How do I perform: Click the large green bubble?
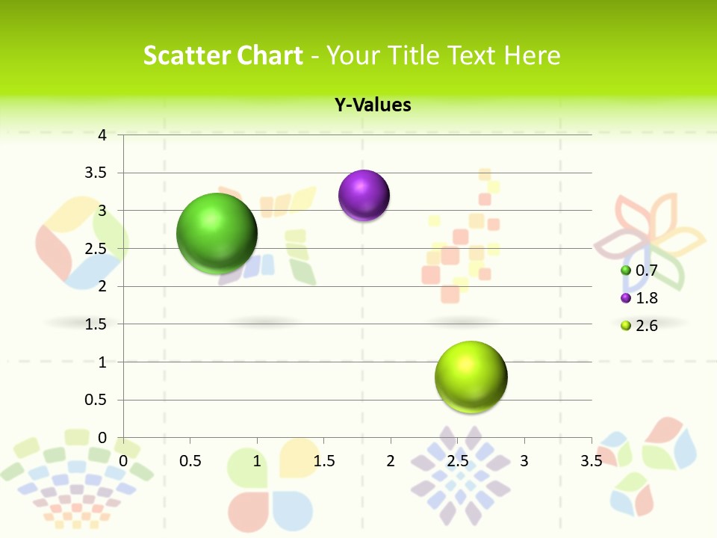click(x=217, y=233)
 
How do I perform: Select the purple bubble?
click(x=364, y=196)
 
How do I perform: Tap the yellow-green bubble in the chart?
click(x=471, y=377)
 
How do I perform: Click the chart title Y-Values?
click(x=372, y=105)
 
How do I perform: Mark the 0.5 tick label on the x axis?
click(x=190, y=461)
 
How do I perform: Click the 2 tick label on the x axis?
click(x=390, y=461)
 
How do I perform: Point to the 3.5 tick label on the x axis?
click(x=591, y=461)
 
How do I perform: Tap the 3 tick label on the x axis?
click(x=524, y=461)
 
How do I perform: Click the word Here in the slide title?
click(x=532, y=56)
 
